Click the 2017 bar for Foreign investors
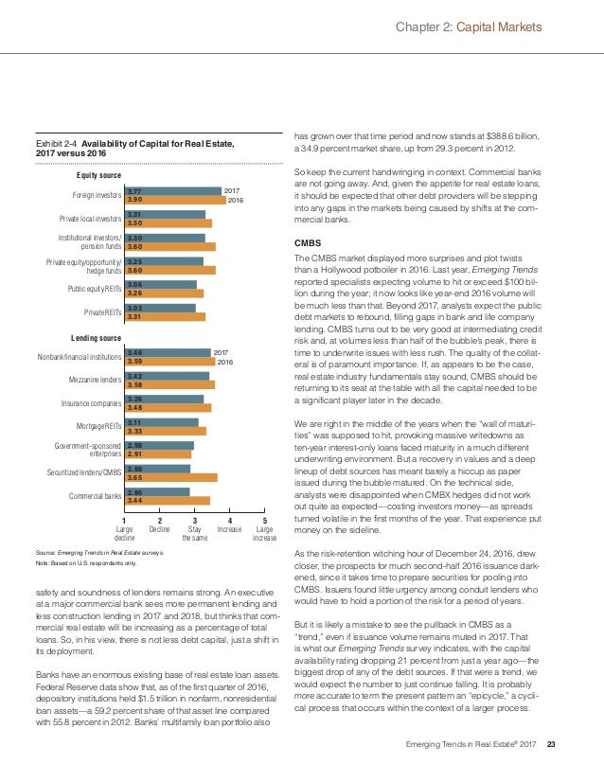click(173, 190)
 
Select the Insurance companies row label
click(94, 402)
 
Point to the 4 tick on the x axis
click(230, 519)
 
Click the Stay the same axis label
click(195, 533)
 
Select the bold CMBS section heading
click(309, 243)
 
